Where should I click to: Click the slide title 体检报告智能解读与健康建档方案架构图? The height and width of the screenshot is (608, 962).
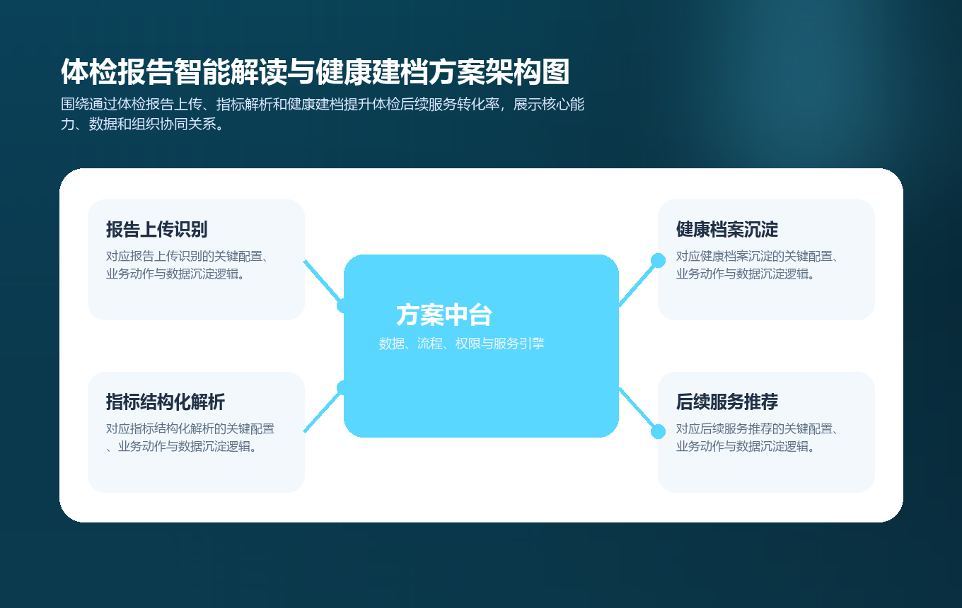click(315, 72)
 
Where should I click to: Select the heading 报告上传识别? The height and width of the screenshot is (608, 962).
click(156, 230)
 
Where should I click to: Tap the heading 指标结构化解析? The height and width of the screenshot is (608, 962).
click(166, 402)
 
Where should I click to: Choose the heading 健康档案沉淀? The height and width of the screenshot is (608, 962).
click(727, 230)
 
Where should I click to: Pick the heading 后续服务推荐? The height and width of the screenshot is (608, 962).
click(727, 402)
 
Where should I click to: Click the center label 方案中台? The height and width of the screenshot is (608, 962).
click(444, 315)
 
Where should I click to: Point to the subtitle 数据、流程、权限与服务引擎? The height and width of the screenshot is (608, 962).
click(461, 344)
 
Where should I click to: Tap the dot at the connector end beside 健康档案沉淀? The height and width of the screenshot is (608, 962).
click(658, 260)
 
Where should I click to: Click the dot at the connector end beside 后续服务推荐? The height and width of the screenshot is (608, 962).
click(658, 431)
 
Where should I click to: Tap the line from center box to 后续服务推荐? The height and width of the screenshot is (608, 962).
click(638, 410)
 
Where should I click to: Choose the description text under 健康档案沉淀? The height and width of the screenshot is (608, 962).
click(757, 265)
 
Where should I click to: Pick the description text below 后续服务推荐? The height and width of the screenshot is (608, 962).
click(757, 438)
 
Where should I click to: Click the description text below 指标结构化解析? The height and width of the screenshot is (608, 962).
click(190, 438)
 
